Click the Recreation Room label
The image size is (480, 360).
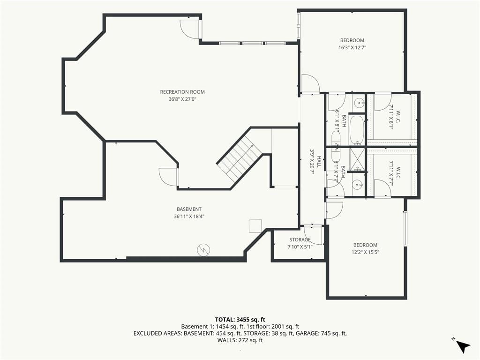pyautogui.click(x=182, y=92)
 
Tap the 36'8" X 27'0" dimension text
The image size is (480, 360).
pyautogui.click(x=182, y=99)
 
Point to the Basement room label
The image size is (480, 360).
pyautogui.click(x=189, y=209)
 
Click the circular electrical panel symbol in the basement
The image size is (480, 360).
pyautogui.click(x=203, y=250)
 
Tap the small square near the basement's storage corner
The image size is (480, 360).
pyautogui.click(x=255, y=226)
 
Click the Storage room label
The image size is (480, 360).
pyautogui.click(x=300, y=240)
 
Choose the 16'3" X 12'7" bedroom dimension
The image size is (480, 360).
pyautogui.click(x=352, y=47)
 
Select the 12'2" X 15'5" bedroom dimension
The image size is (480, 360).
pyautogui.click(x=365, y=252)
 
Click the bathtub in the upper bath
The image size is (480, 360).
pyautogui.click(x=357, y=130)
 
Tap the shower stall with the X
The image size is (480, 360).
pyautogui.click(x=357, y=159)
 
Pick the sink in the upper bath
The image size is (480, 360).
pyautogui.click(x=358, y=103)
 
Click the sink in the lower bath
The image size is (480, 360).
pyautogui.click(x=357, y=185)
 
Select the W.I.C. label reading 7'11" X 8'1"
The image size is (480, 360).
pyautogui.click(x=394, y=117)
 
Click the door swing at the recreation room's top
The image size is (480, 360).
pyautogui.click(x=190, y=29)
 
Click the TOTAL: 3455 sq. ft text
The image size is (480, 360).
pyautogui.click(x=240, y=320)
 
